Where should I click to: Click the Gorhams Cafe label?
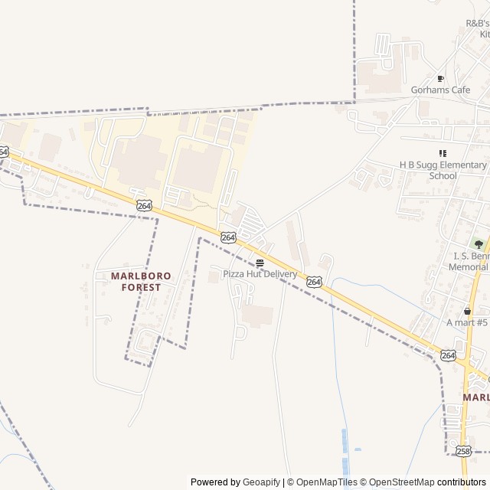(x=440, y=90)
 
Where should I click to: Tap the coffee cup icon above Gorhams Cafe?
(x=440, y=78)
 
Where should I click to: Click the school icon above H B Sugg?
(x=443, y=153)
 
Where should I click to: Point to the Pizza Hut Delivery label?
(x=260, y=273)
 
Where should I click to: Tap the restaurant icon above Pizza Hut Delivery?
(x=260, y=262)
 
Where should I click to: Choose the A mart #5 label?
(x=467, y=322)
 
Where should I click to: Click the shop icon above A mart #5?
(x=468, y=311)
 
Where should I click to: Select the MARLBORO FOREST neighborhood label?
(x=141, y=281)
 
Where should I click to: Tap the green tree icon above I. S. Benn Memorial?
(x=479, y=244)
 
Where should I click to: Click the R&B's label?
(x=477, y=24)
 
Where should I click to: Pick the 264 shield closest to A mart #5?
(x=449, y=355)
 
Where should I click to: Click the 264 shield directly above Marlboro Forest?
(x=145, y=205)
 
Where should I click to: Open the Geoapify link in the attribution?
(x=261, y=482)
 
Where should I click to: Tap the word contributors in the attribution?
(x=462, y=482)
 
